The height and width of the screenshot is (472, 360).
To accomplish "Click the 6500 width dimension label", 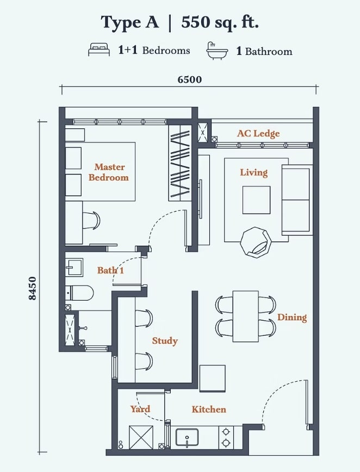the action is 190,79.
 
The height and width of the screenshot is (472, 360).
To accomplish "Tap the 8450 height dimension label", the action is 32,288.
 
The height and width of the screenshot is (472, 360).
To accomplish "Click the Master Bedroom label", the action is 109,172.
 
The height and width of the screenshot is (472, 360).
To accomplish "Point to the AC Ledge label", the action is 258,133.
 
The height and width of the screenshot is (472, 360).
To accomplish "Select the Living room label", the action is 254,172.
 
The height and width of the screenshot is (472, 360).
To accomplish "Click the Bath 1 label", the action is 110,270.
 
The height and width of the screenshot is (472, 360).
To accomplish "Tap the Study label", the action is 165,341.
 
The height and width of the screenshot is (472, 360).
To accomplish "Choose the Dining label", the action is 292,317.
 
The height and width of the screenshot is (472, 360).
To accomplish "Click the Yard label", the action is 140,409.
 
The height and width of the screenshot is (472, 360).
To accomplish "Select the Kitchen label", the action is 209,409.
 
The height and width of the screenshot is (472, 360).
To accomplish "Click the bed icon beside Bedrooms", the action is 99,49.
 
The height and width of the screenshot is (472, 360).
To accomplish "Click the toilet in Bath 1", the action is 79,293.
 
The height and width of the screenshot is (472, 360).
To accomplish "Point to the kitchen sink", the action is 187,438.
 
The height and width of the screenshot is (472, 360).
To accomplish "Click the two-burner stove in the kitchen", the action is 226,437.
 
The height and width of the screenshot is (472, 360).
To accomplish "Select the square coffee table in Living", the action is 257,200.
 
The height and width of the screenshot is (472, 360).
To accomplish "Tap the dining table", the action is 246,316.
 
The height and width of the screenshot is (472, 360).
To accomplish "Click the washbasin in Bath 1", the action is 75,266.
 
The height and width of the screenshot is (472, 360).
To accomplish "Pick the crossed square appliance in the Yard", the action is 141,437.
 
